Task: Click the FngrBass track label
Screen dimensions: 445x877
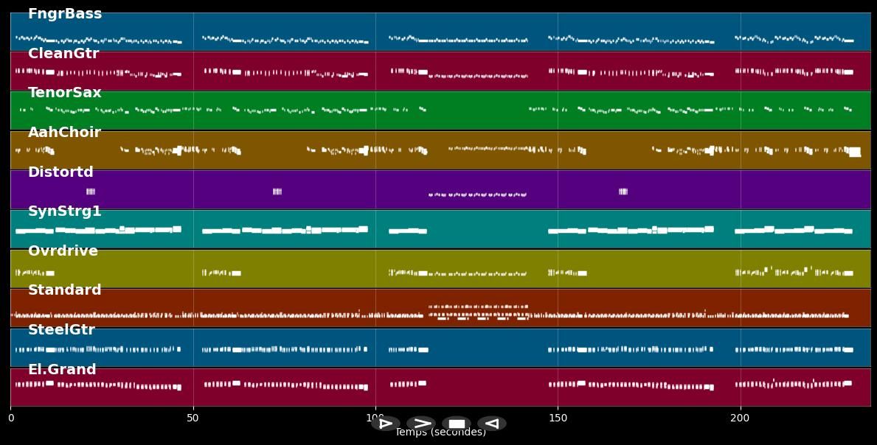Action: pos(65,14)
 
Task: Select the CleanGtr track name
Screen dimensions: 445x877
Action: pos(63,54)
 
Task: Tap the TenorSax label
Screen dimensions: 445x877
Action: pos(65,93)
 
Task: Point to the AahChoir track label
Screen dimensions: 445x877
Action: pos(64,133)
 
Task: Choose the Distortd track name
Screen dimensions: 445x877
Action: pos(60,172)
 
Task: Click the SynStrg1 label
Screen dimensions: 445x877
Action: pos(65,211)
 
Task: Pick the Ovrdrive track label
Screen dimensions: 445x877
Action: pos(63,251)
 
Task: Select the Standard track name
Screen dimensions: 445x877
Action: pos(65,290)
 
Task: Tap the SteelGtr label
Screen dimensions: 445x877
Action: pos(61,330)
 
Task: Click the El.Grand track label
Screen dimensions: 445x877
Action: pos(62,370)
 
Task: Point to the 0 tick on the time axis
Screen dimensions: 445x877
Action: pos(11,418)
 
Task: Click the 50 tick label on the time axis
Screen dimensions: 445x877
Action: pos(193,418)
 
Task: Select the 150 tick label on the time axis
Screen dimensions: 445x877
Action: pos(558,418)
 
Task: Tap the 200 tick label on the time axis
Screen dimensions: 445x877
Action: pos(740,418)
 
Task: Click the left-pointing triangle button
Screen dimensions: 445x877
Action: pos(492,424)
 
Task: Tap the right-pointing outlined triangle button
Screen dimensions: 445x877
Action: pos(386,424)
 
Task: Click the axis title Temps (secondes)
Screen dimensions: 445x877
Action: pos(440,433)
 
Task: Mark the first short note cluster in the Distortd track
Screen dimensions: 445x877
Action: pos(91,192)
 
